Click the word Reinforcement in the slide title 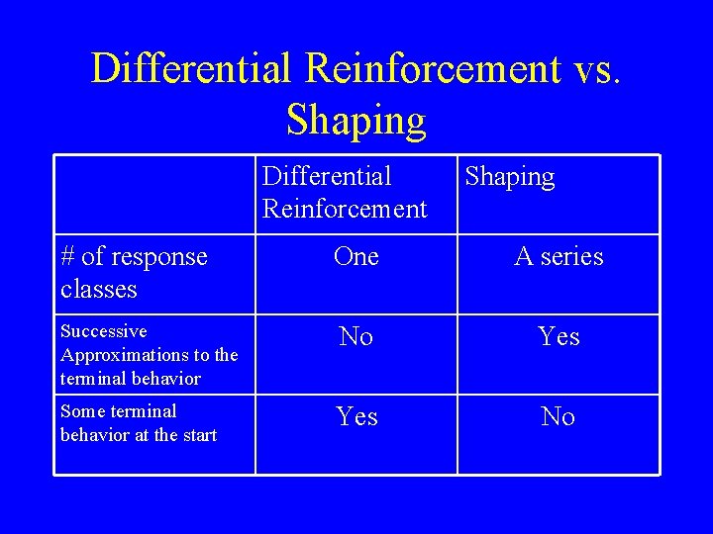tap(434, 69)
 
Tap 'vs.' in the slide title tap(597, 69)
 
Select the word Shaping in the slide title tap(356, 121)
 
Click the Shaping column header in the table tap(509, 177)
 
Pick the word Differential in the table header tap(327, 177)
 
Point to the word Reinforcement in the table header tap(345, 209)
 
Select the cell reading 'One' tap(356, 257)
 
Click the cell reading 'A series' tap(559, 257)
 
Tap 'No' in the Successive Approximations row tap(356, 337)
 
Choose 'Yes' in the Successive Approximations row tap(559, 337)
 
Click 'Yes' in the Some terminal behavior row tap(356, 417)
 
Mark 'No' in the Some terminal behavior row tap(559, 417)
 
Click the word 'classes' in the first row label tap(99, 290)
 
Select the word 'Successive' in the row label tap(103, 331)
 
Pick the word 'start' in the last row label tap(197, 435)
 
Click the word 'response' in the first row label tap(158, 258)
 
